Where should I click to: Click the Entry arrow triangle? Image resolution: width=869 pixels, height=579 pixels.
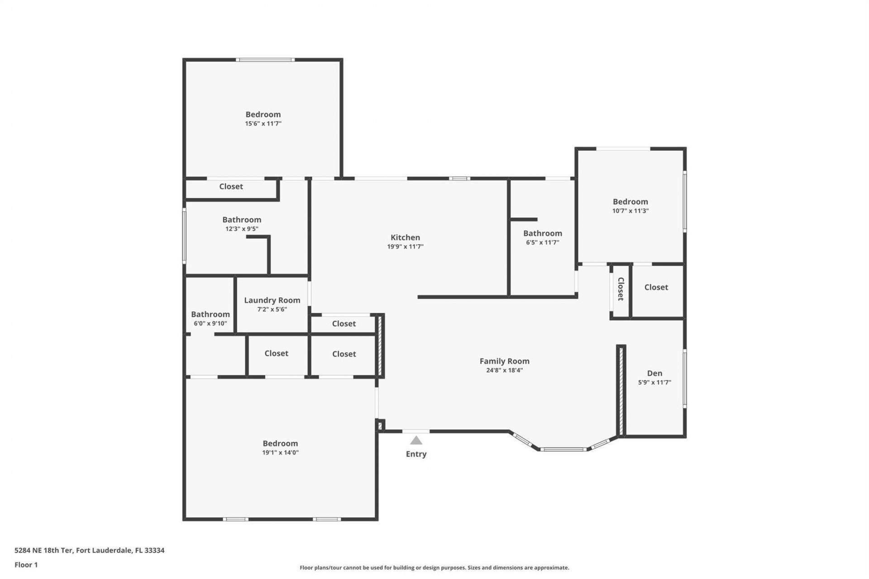point(416,441)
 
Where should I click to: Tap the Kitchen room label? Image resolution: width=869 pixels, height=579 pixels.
point(405,237)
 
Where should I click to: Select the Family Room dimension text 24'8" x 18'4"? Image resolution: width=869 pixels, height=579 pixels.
point(504,370)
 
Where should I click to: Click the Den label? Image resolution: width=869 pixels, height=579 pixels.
point(654,373)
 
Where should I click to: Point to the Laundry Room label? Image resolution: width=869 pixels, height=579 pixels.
point(272,300)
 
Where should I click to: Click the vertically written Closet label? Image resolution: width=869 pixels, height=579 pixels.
point(621,289)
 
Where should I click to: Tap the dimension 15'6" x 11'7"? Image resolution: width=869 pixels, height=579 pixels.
point(263,123)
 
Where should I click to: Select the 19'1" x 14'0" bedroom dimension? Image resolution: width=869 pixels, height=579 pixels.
point(280,452)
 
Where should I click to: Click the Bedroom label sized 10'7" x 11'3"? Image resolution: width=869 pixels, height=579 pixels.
point(630,202)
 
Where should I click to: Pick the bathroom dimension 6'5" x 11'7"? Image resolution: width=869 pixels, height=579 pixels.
point(542,242)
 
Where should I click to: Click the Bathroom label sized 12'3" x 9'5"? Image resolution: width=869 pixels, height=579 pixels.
point(242,220)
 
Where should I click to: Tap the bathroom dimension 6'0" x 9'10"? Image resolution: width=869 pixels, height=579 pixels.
point(210,323)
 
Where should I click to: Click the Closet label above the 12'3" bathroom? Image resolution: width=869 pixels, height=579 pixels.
point(231,186)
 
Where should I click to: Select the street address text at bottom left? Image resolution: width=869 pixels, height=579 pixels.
point(89,551)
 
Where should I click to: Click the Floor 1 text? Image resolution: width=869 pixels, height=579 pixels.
point(26,565)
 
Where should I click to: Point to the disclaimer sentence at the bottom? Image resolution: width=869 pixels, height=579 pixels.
point(434,568)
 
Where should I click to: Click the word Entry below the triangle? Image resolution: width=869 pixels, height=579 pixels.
point(416,454)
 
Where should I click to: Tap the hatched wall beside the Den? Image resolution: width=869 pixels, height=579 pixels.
point(621,390)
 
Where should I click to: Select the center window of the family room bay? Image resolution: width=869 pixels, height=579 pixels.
point(563,449)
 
